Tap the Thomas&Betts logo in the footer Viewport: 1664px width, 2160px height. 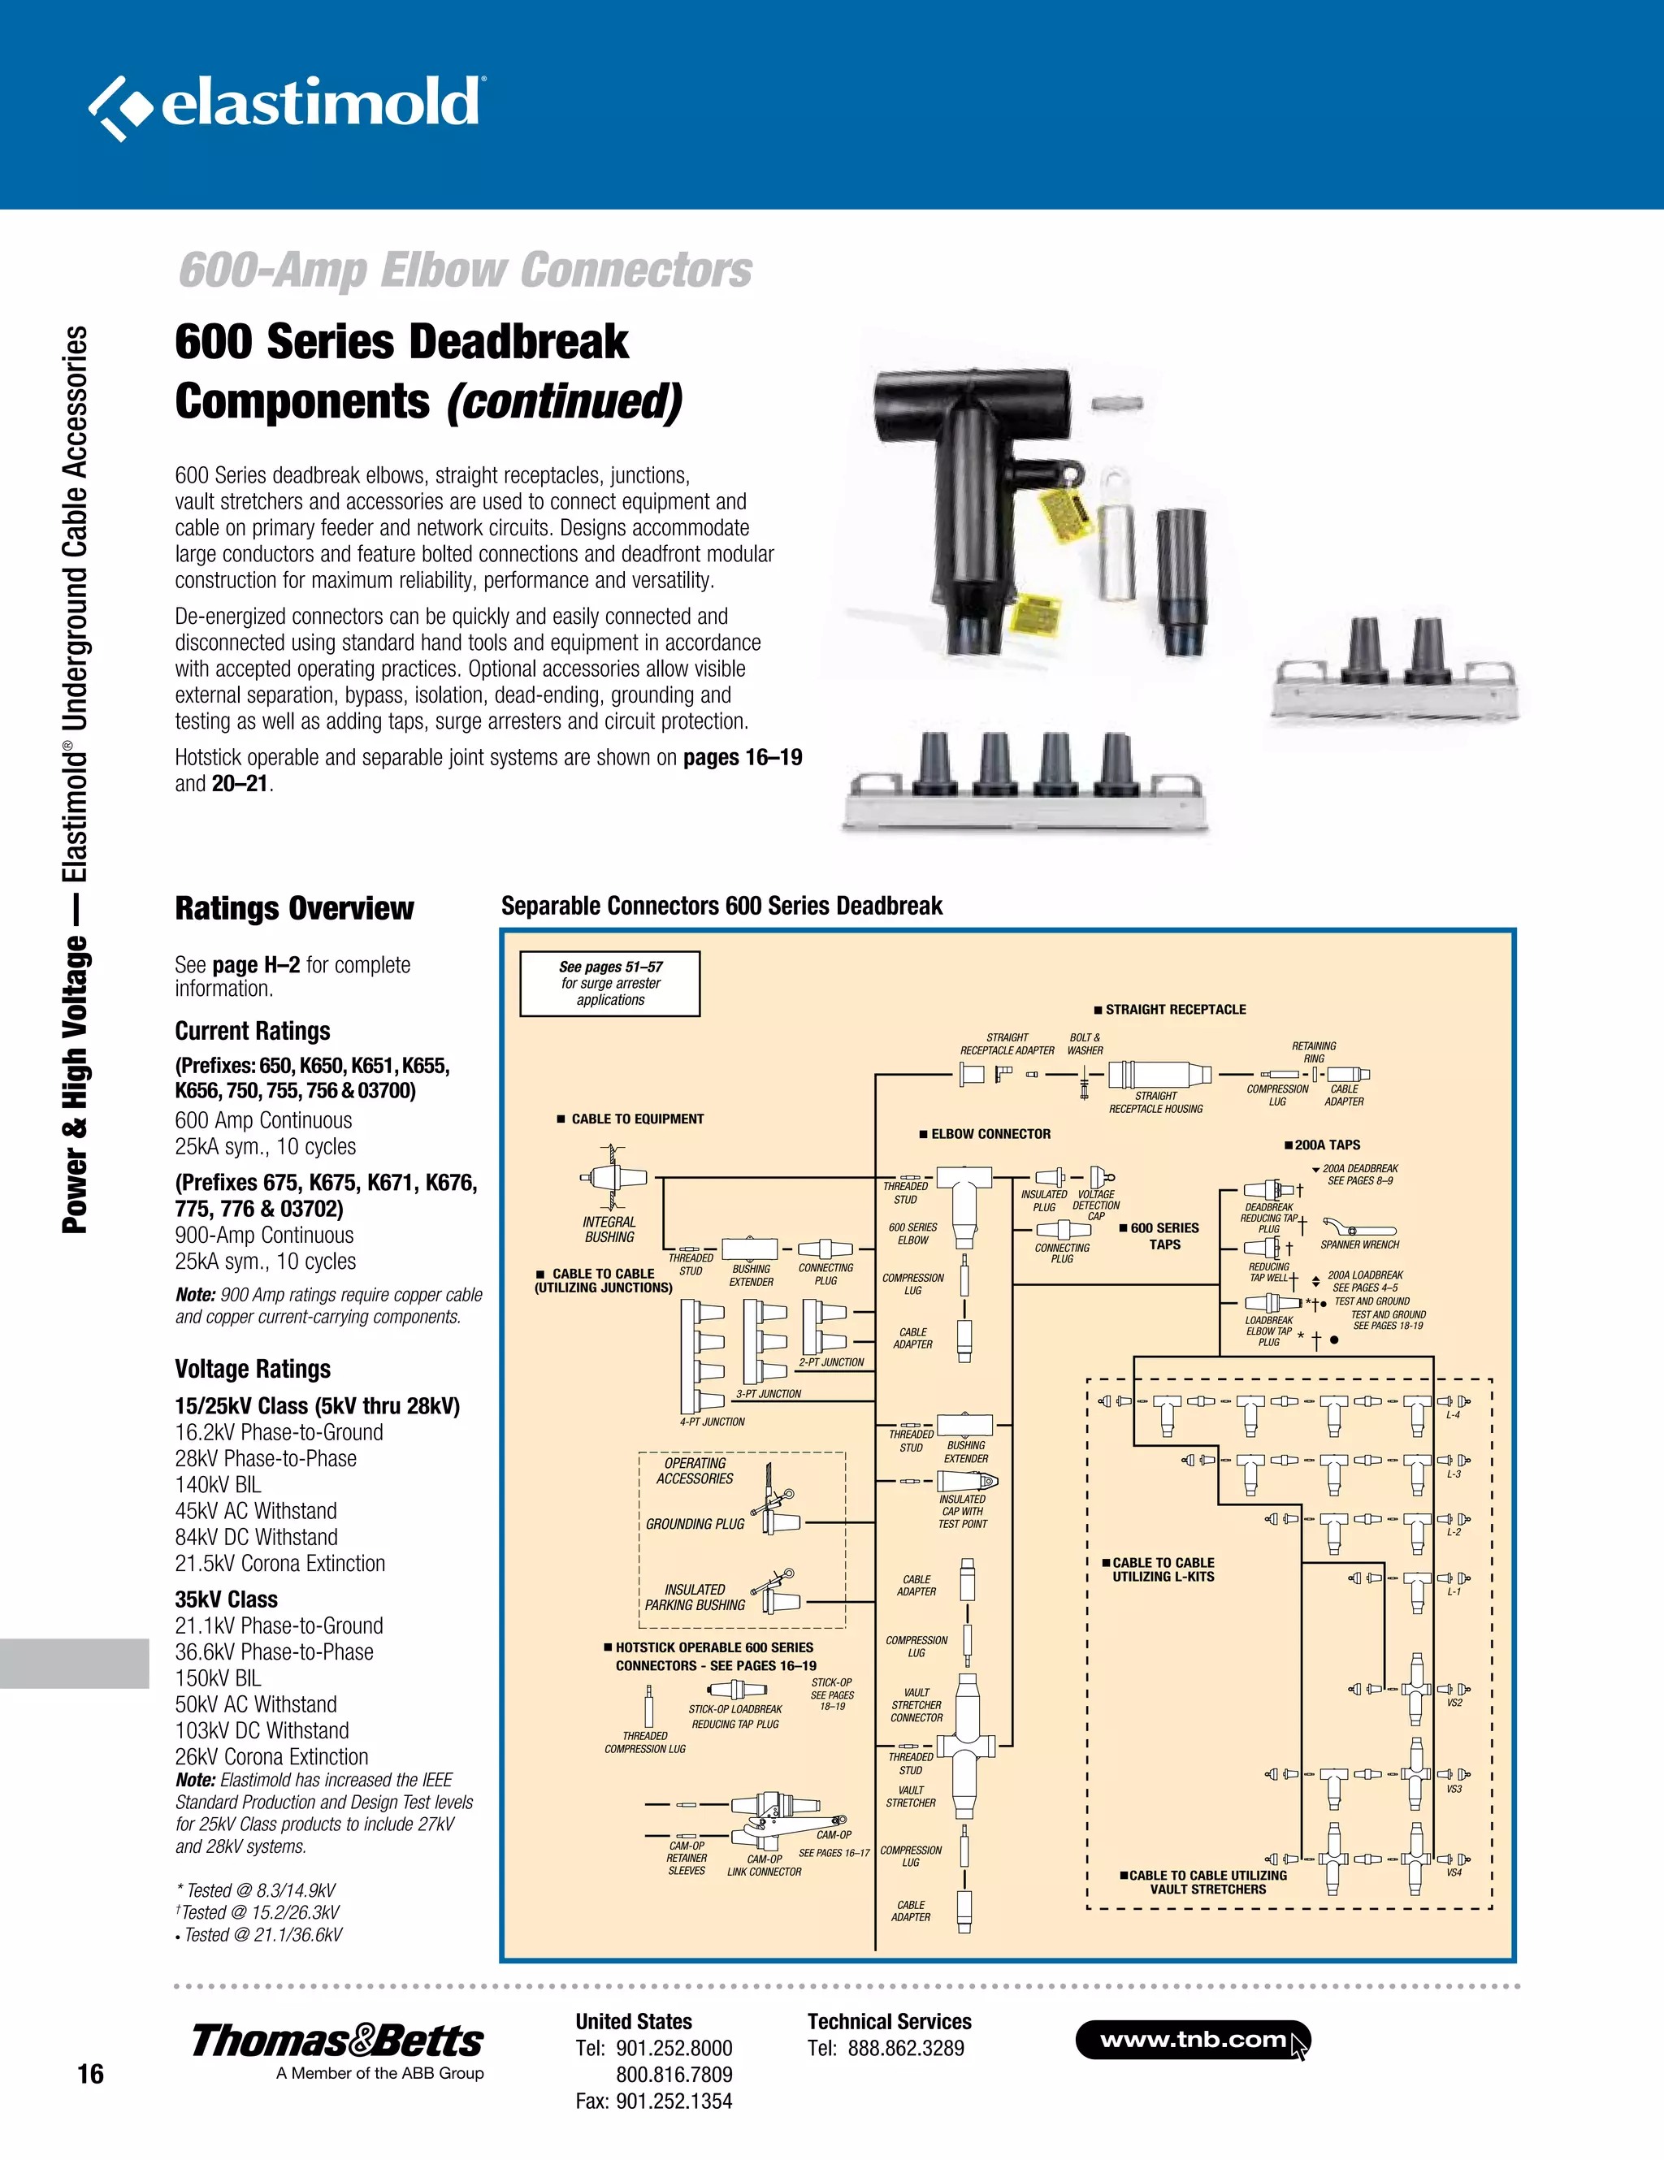pos(336,2041)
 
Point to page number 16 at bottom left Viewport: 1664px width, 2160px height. pos(90,2074)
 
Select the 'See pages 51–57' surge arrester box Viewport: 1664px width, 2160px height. pos(609,983)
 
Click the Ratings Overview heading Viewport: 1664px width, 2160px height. pos(294,908)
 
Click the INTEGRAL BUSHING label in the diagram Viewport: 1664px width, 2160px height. pos(609,1229)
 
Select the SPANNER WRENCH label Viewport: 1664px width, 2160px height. pos(1359,1244)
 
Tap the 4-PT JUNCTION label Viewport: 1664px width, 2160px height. pos(713,1422)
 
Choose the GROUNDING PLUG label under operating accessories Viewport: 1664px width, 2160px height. pos(695,1524)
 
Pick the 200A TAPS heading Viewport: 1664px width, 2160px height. pos(1326,1145)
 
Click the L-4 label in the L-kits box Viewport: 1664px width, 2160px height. pos(1454,1415)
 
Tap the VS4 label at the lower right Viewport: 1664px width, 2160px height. pos(1454,1872)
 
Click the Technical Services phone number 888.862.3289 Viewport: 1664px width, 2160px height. pos(905,2048)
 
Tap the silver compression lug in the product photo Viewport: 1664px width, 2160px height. pos(1118,534)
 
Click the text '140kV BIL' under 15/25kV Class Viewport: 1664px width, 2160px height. pos(218,1484)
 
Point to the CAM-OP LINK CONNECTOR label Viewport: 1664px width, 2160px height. pos(764,1865)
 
